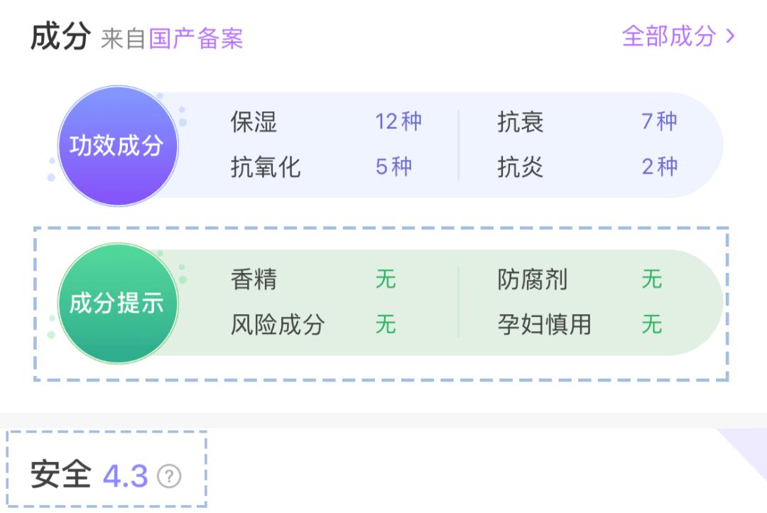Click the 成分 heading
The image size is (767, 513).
[x=60, y=36]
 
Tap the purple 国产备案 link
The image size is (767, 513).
[x=196, y=38]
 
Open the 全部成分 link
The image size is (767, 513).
[x=678, y=36]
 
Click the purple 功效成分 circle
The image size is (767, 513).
[x=117, y=146]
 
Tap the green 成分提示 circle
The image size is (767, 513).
[x=117, y=303]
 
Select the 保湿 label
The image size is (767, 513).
[x=254, y=122]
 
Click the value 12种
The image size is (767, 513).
[x=398, y=121]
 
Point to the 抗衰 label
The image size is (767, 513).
[x=520, y=122]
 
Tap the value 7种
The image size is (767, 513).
[x=659, y=121]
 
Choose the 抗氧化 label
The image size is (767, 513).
[x=265, y=167]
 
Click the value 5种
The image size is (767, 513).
[x=393, y=166]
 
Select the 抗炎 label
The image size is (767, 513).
[x=520, y=167]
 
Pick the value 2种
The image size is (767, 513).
[x=659, y=166]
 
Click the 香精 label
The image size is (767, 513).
[x=254, y=279]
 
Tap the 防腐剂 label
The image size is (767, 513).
[x=532, y=279]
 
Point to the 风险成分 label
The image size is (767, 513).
[x=278, y=325]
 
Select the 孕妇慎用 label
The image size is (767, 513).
[x=544, y=325]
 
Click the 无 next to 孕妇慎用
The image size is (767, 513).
[x=652, y=324]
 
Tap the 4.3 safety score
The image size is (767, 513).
[x=125, y=476]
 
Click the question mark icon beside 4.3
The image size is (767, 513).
[x=169, y=476]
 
